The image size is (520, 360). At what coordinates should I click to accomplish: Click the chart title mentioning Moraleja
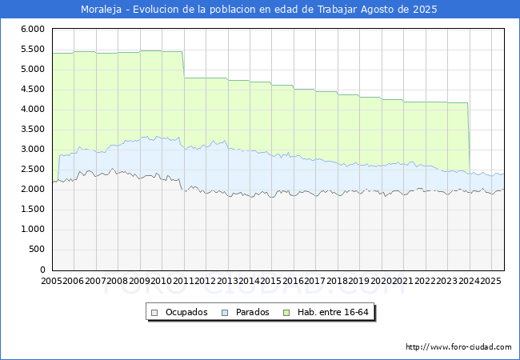click(260, 10)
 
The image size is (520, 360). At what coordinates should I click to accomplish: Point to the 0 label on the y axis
click(42, 270)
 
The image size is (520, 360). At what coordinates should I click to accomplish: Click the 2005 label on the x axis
click(52, 282)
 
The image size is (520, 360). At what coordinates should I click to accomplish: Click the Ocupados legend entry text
click(186, 312)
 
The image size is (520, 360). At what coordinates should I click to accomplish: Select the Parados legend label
click(253, 312)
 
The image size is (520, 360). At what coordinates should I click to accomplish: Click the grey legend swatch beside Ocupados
click(156, 312)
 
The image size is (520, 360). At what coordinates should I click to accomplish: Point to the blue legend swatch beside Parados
click(226, 312)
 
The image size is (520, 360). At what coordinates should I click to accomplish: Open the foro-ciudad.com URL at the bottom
click(458, 347)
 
